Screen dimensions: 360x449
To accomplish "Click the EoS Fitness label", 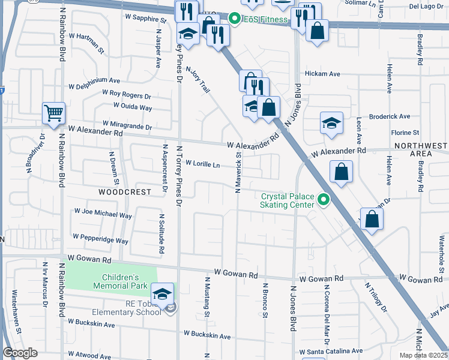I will [x=267, y=20].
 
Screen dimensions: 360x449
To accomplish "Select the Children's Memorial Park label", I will [x=120, y=281].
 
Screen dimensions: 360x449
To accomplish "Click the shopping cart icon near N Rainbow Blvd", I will [x=53, y=113].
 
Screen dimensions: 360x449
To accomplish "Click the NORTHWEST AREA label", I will [x=421, y=150].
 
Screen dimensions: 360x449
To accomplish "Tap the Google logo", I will [x=20, y=353].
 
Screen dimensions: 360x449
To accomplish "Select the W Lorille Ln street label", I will [x=202, y=163].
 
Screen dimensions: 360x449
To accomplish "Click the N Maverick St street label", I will [x=238, y=171].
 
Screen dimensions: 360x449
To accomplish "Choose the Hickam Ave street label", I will [x=322, y=74].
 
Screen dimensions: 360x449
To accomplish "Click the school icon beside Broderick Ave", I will [x=331, y=124].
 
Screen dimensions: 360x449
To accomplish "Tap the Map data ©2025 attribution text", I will [x=424, y=355].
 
